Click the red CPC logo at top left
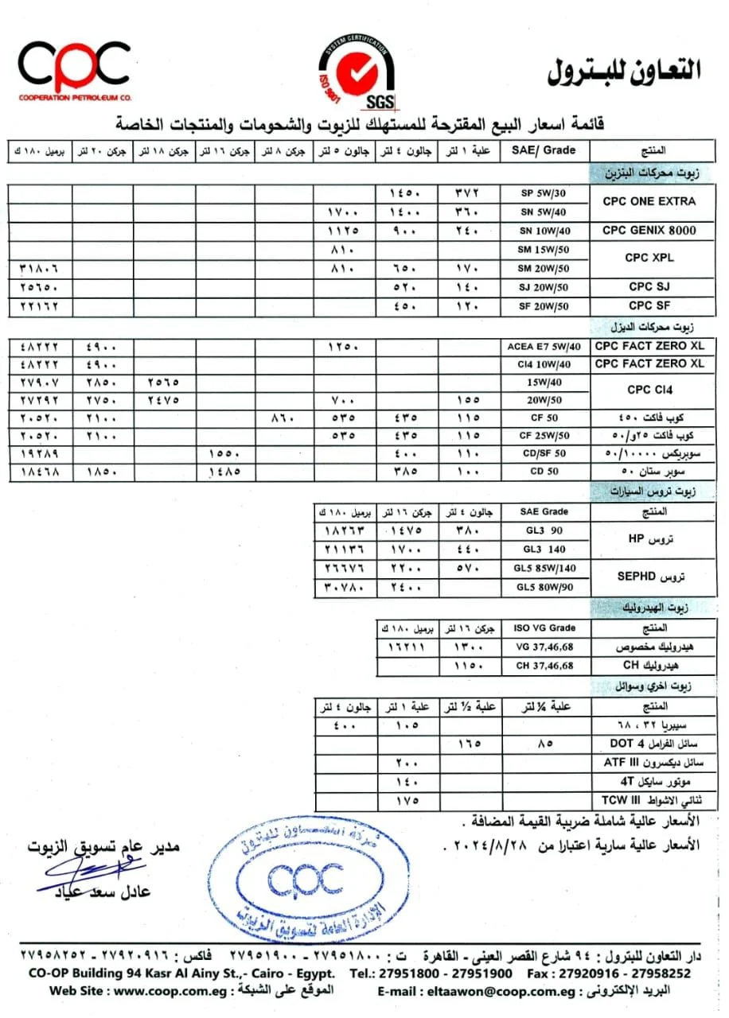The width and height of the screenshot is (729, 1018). click(x=74, y=68)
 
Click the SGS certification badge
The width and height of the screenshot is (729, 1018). click(x=357, y=73)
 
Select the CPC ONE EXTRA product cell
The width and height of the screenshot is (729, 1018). click(x=649, y=202)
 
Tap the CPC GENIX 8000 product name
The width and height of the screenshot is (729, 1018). click(x=649, y=231)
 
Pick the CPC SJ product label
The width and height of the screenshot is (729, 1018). click(x=649, y=286)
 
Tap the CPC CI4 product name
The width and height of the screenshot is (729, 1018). click(x=649, y=390)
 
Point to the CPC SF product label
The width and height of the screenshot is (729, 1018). click(x=649, y=305)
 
